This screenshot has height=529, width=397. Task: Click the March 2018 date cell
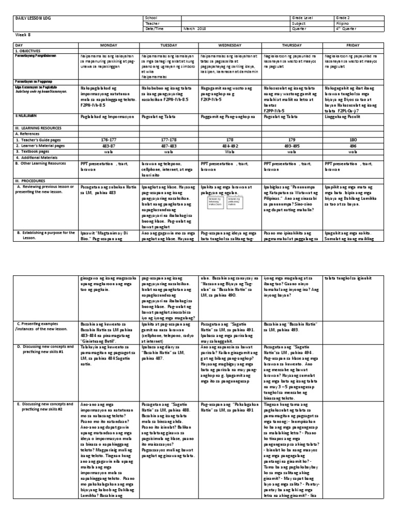click(x=195, y=29)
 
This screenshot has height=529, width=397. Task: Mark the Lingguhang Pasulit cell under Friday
click(x=344, y=117)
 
